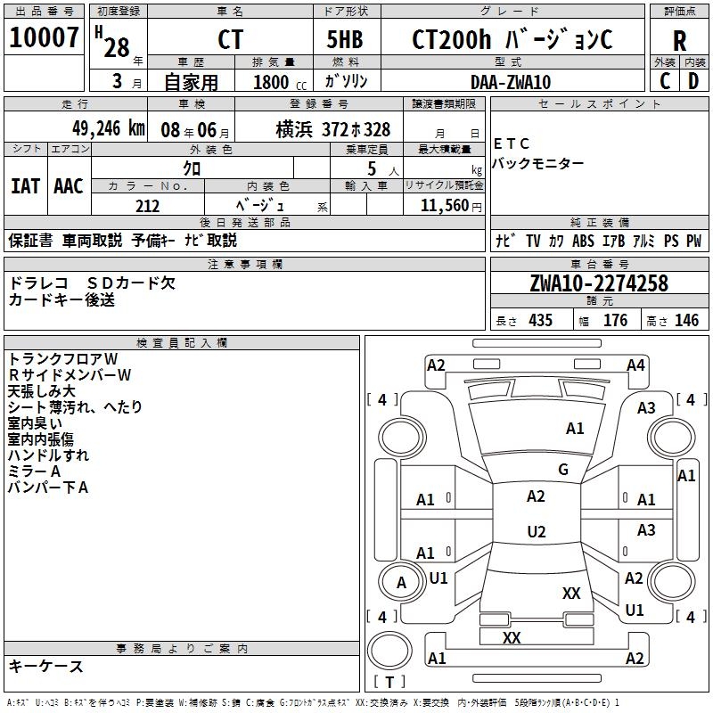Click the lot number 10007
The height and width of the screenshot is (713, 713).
[44, 38]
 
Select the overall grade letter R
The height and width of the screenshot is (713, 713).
[679, 41]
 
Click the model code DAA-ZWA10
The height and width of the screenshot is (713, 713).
[511, 82]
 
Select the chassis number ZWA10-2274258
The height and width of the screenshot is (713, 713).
[598, 283]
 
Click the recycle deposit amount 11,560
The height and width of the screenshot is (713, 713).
[443, 206]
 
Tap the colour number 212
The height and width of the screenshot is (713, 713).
[147, 206]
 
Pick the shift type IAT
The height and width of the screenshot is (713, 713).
[25, 186]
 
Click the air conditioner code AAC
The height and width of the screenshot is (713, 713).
[68, 186]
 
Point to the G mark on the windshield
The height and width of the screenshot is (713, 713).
[562, 470]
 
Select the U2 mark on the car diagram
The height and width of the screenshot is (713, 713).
[536, 532]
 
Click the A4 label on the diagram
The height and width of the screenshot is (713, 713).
[635, 365]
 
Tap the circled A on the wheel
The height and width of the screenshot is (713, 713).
[401, 583]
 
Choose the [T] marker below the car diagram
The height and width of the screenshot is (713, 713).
[389, 683]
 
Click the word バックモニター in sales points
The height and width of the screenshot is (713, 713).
[538, 163]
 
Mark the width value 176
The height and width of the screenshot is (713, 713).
[615, 321]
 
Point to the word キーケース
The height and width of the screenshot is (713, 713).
[46, 666]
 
